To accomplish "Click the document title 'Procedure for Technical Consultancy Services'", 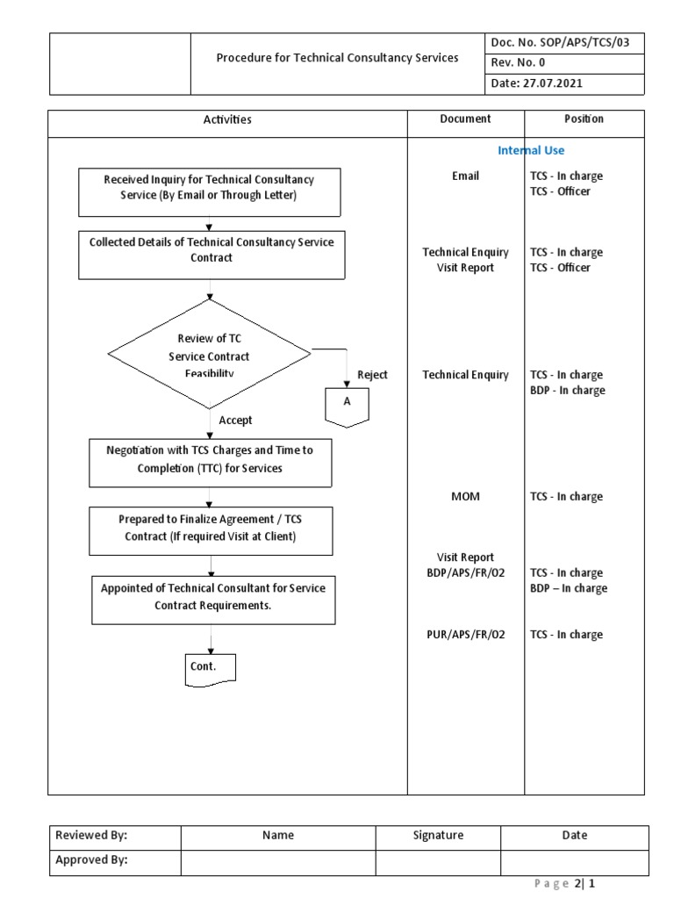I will [337, 58].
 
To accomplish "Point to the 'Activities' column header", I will [227, 119].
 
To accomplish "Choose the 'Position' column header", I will [584, 119].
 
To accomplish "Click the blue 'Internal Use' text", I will [531, 150].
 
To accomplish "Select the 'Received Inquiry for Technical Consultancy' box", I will [209, 187].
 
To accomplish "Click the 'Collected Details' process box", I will [211, 250].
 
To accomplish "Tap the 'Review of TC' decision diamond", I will [209, 356].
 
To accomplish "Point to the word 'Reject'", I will [372, 375].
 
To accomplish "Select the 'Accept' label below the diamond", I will [235, 421].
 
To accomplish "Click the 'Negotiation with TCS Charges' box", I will [211, 459].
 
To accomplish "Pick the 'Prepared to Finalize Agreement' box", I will [211, 529].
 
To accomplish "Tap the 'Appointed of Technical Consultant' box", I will [213, 597].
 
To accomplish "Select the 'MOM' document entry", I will [465, 497].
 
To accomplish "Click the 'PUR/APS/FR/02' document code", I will [465, 635].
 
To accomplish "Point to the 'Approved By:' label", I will [91, 860].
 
